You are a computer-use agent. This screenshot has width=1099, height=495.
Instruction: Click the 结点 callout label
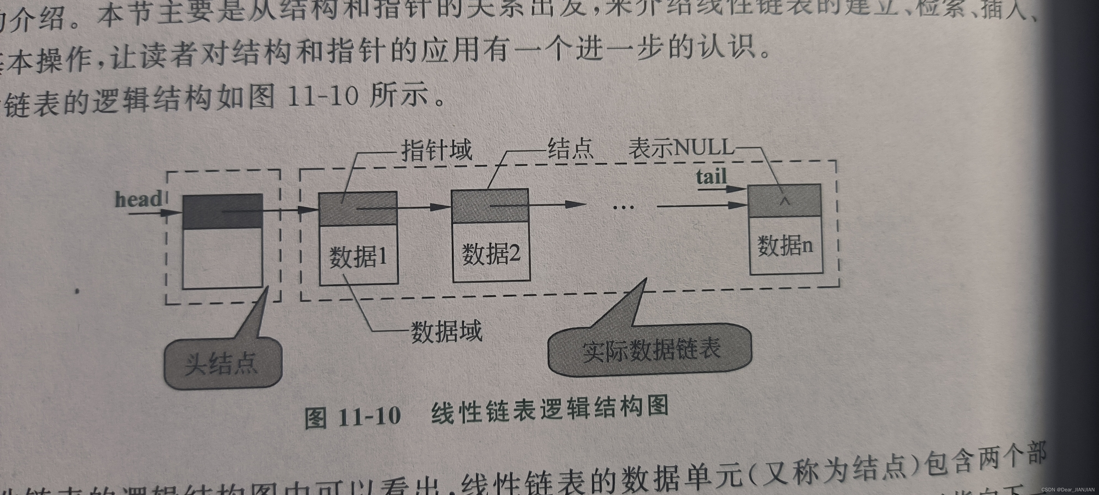click(x=570, y=148)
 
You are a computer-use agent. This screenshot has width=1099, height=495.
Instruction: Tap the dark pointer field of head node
click(x=222, y=211)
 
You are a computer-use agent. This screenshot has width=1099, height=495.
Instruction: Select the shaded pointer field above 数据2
click(x=490, y=206)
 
